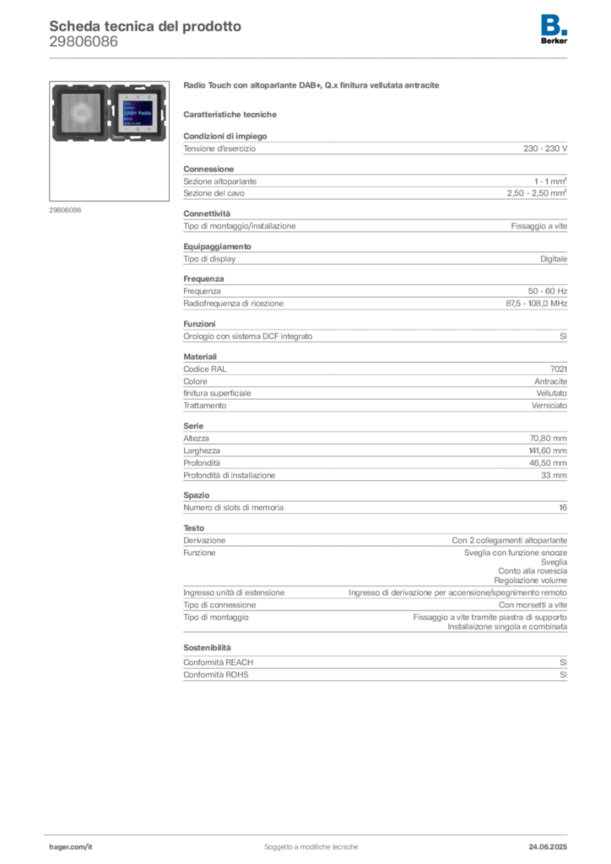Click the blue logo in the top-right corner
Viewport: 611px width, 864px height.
pyautogui.click(x=555, y=23)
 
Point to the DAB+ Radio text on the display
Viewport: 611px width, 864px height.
pyautogui.click(x=136, y=116)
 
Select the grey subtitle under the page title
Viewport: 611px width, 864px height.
pyautogui.click(x=84, y=46)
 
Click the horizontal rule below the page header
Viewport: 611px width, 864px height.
pyautogui.click(x=310, y=57)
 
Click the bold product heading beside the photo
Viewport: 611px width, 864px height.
pyautogui.click(x=313, y=87)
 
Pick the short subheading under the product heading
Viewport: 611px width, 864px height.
pyautogui.click(x=232, y=113)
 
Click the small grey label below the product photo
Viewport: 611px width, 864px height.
pyautogui.click(x=67, y=209)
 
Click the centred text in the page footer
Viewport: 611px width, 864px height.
pyautogui.click(x=313, y=843)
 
